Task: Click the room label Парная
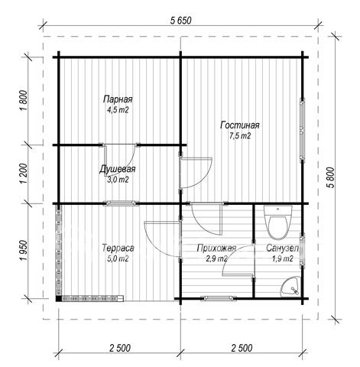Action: tap(118, 99)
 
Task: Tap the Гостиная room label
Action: tap(240, 125)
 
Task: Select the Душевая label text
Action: tap(118, 169)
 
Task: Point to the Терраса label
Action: tap(118, 248)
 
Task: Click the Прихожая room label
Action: tap(216, 248)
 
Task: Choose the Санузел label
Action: tap(282, 248)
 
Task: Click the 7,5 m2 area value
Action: tap(240, 136)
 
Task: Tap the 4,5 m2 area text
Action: tap(118, 110)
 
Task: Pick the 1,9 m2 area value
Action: tap(282, 258)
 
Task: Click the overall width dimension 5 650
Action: tap(180, 21)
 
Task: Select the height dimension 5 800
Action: tap(330, 177)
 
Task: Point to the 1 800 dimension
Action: tap(23, 100)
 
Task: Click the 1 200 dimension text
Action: tap(23, 174)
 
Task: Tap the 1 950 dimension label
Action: tap(23, 251)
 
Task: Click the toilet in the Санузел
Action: tap(277, 222)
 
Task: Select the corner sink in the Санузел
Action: tap(292, 287)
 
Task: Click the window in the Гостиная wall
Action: tap(302, 130)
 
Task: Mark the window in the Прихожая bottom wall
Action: tap(219, 297)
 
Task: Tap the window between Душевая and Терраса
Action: tap(122, 203)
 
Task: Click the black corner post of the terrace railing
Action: tap(59, 298)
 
